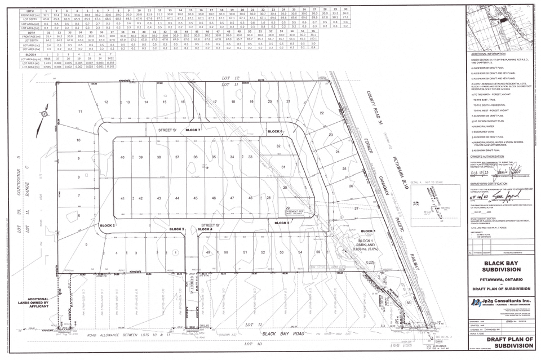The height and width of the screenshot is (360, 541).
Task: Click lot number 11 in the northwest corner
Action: tap(80, 112)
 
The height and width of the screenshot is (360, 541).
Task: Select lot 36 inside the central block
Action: tap(195, 157)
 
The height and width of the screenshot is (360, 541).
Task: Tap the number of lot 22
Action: tap(322, 113)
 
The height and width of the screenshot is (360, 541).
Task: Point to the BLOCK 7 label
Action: tap(193, 130)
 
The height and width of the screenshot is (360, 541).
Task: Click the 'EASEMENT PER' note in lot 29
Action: tap(294, 213)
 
